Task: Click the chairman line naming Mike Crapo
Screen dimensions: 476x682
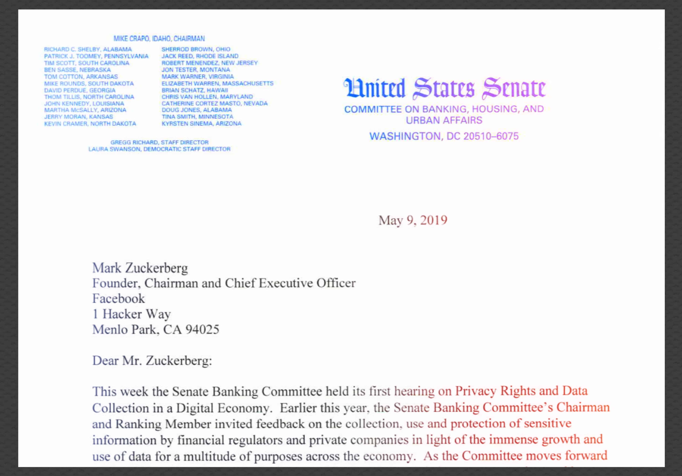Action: (159, 39)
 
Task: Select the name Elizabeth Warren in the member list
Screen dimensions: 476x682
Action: (217, 83)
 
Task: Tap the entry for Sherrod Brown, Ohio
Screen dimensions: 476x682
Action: (196, 49)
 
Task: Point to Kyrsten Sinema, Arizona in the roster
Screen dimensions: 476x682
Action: (201, 124)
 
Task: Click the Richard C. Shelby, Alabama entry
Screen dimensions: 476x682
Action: (88, 49)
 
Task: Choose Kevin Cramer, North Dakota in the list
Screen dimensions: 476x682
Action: (90, 124)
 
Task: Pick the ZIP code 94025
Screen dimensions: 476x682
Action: (202, 330)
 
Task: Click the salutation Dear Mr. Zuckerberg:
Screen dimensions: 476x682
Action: (152, 361)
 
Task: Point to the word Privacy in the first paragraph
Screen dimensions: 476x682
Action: (476, 391)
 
